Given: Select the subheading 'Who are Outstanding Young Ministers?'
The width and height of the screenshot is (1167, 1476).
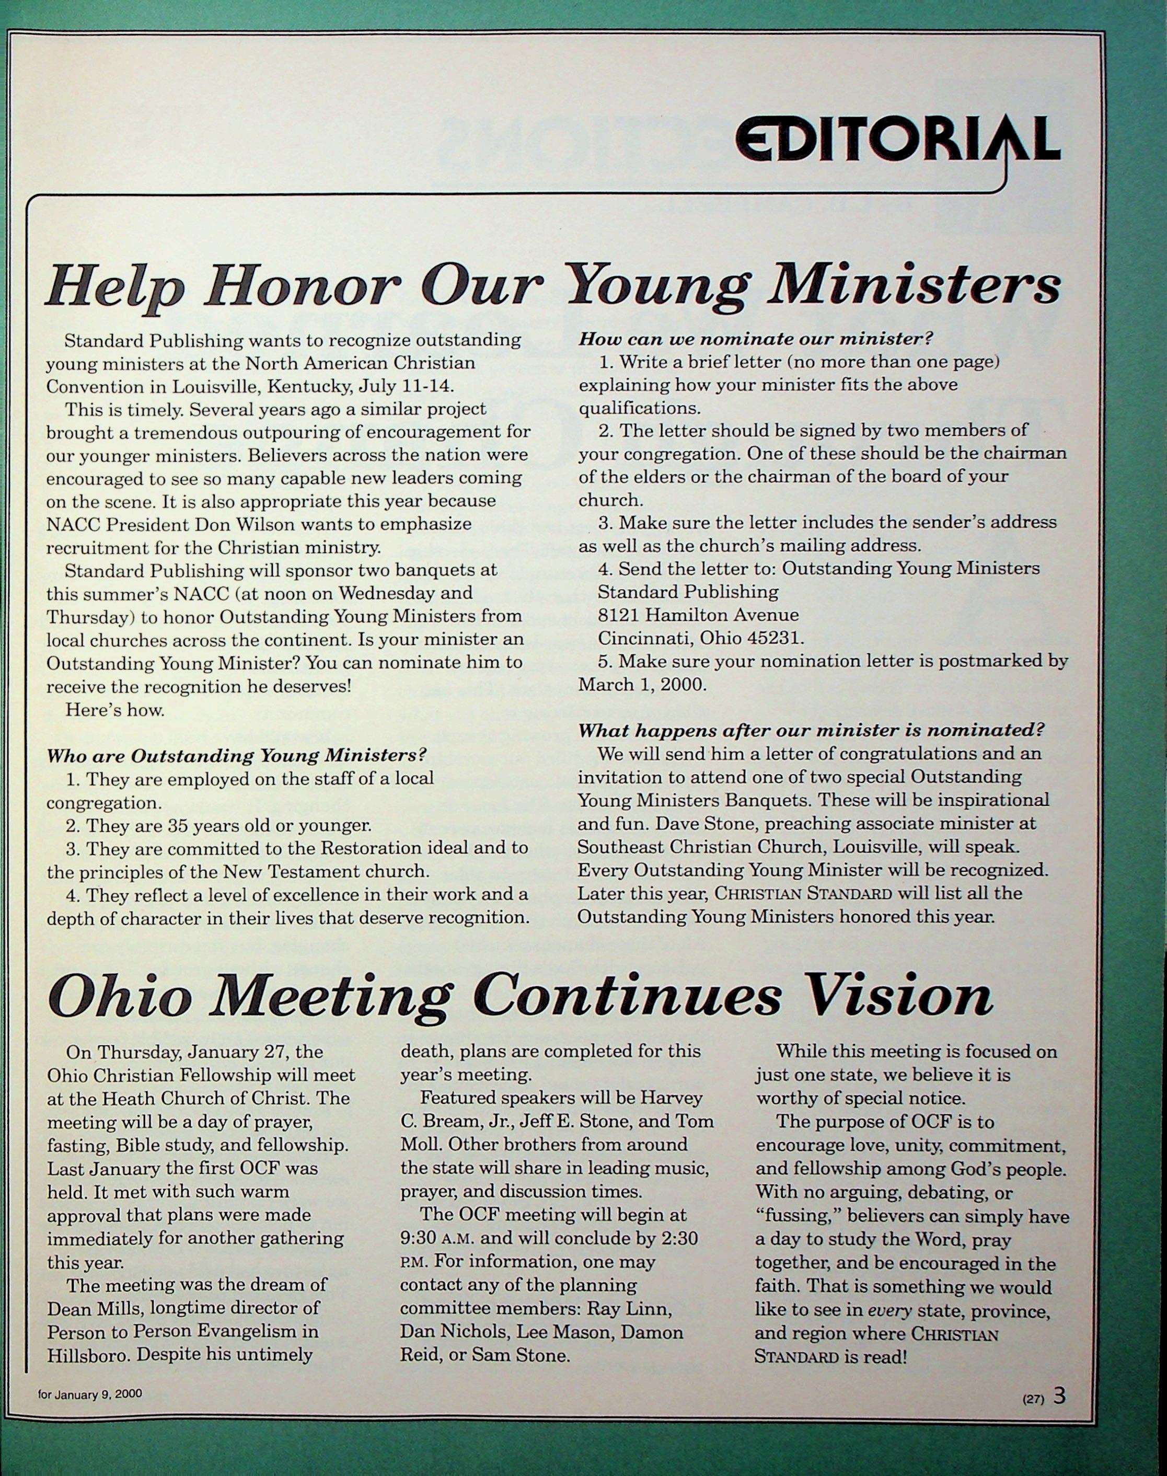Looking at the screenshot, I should click(236, 756).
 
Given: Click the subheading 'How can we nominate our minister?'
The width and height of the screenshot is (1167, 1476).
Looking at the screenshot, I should click(756, 338).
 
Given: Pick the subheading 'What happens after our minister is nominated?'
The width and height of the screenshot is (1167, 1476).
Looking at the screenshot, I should click(811, 730).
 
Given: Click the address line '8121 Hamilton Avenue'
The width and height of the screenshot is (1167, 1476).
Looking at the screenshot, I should click(698, 615).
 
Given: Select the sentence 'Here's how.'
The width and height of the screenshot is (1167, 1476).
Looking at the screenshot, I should click(115, 710).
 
